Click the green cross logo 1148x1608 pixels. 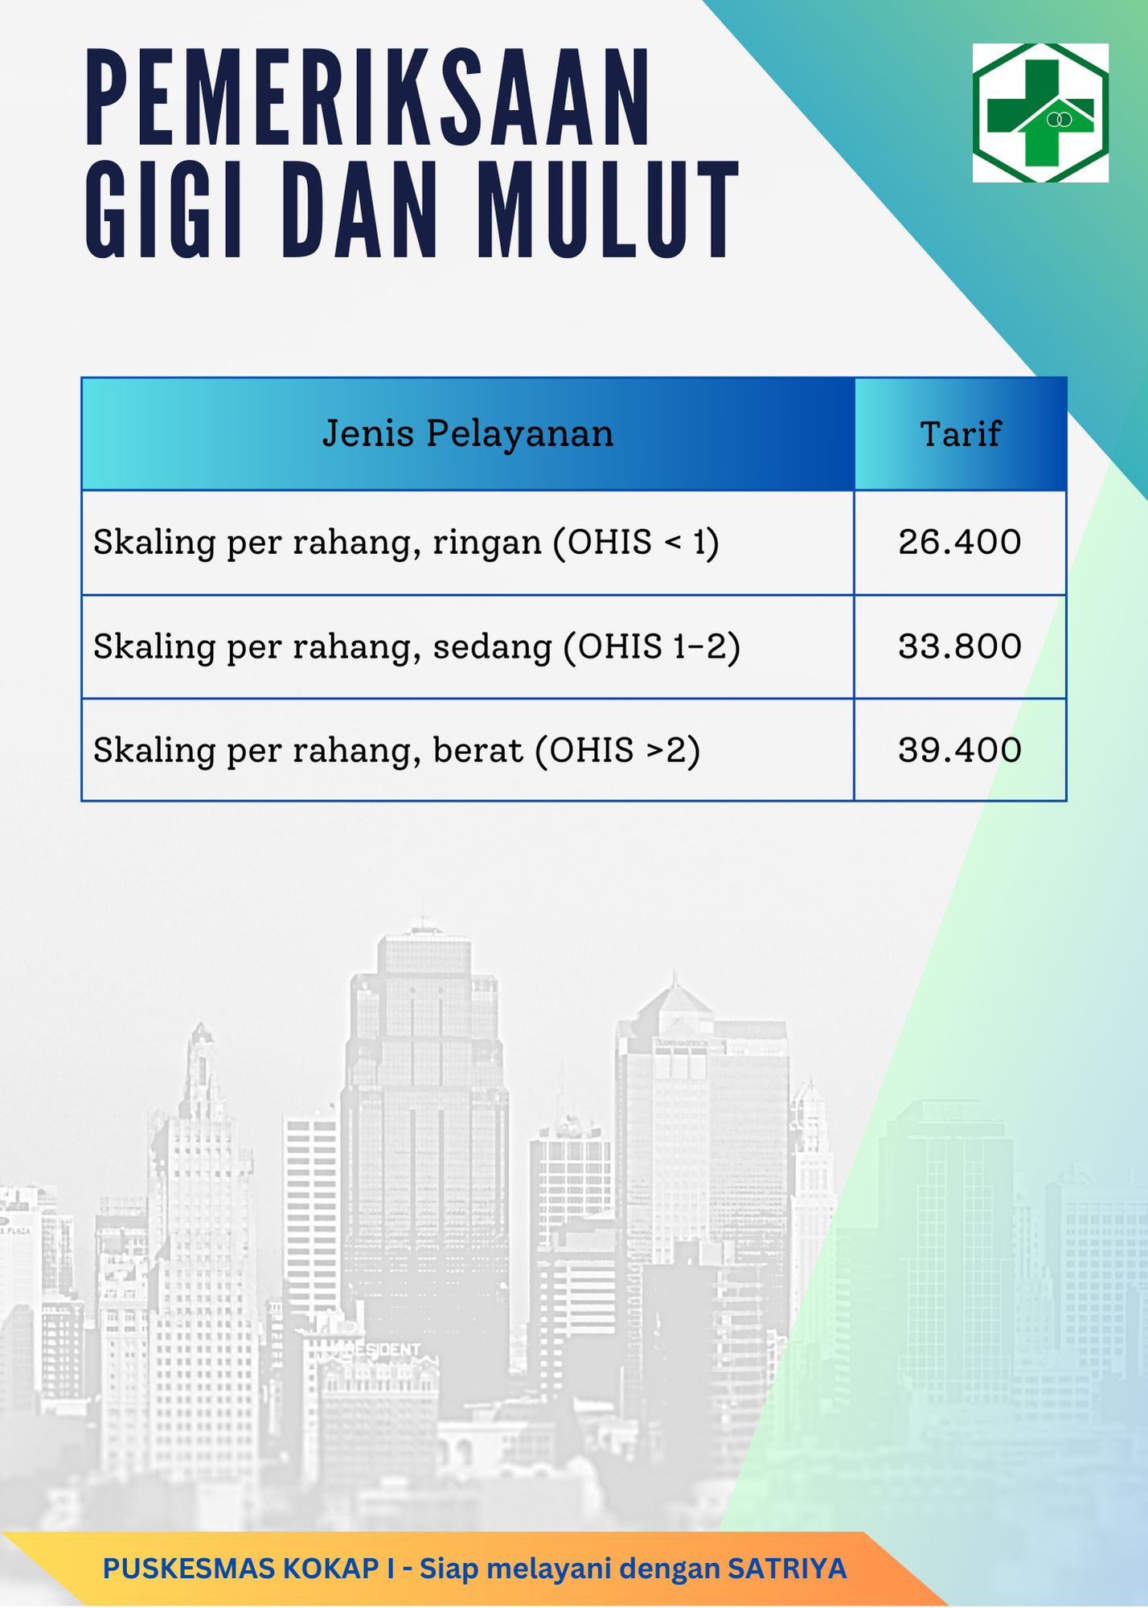point(1040,113)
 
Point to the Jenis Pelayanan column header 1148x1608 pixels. point(468,433)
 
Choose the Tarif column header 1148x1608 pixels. point(960,434)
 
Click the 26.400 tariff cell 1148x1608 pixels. point(960,542)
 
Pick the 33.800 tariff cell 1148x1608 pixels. point(960,646)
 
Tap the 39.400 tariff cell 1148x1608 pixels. point(960,749)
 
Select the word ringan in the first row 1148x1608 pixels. point(487,544)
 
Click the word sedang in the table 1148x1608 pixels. point(492,647)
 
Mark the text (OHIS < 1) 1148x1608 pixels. point(636,543)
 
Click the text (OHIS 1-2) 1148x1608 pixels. point(651,647)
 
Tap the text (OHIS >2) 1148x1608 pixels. point(617,750)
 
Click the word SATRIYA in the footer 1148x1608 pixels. point(787,1569)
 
